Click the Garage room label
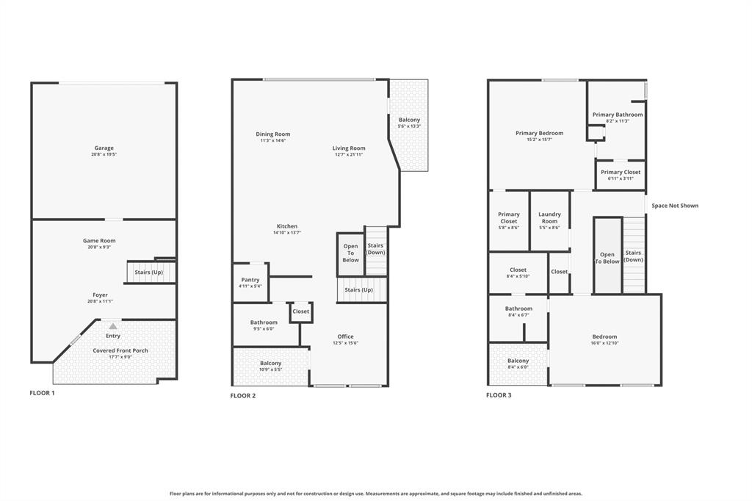click(104, 148)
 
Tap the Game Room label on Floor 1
click(99, 241)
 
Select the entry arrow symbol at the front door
click(112, 326)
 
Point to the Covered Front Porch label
click(120, 351)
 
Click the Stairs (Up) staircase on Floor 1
click(149, 273)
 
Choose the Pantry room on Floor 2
click(250, 282)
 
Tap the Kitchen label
click(286, 226)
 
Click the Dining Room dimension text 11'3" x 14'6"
click(272, 140)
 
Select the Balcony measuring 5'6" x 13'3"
click(409, 123)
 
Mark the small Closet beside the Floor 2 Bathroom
click(301, 311)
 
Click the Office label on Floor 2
click(345, 337)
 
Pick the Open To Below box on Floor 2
click(351, 253)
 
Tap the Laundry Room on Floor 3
click(549, 217)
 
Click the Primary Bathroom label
click(618, 115)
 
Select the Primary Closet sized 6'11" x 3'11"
click(621, 175)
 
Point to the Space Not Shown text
click(675, 206)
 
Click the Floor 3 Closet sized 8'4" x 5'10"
click(518, 273)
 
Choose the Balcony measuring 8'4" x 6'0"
click(518, 364)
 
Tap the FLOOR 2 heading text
click(243, 396)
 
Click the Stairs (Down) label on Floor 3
click(634, 256)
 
